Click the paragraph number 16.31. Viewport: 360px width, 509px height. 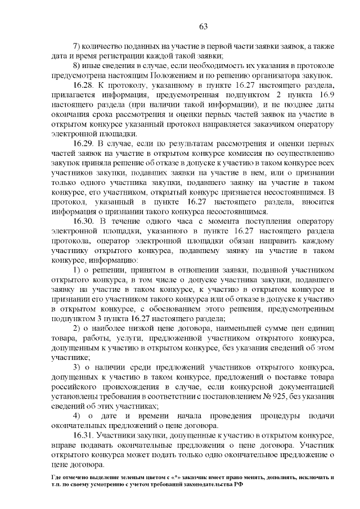83,436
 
